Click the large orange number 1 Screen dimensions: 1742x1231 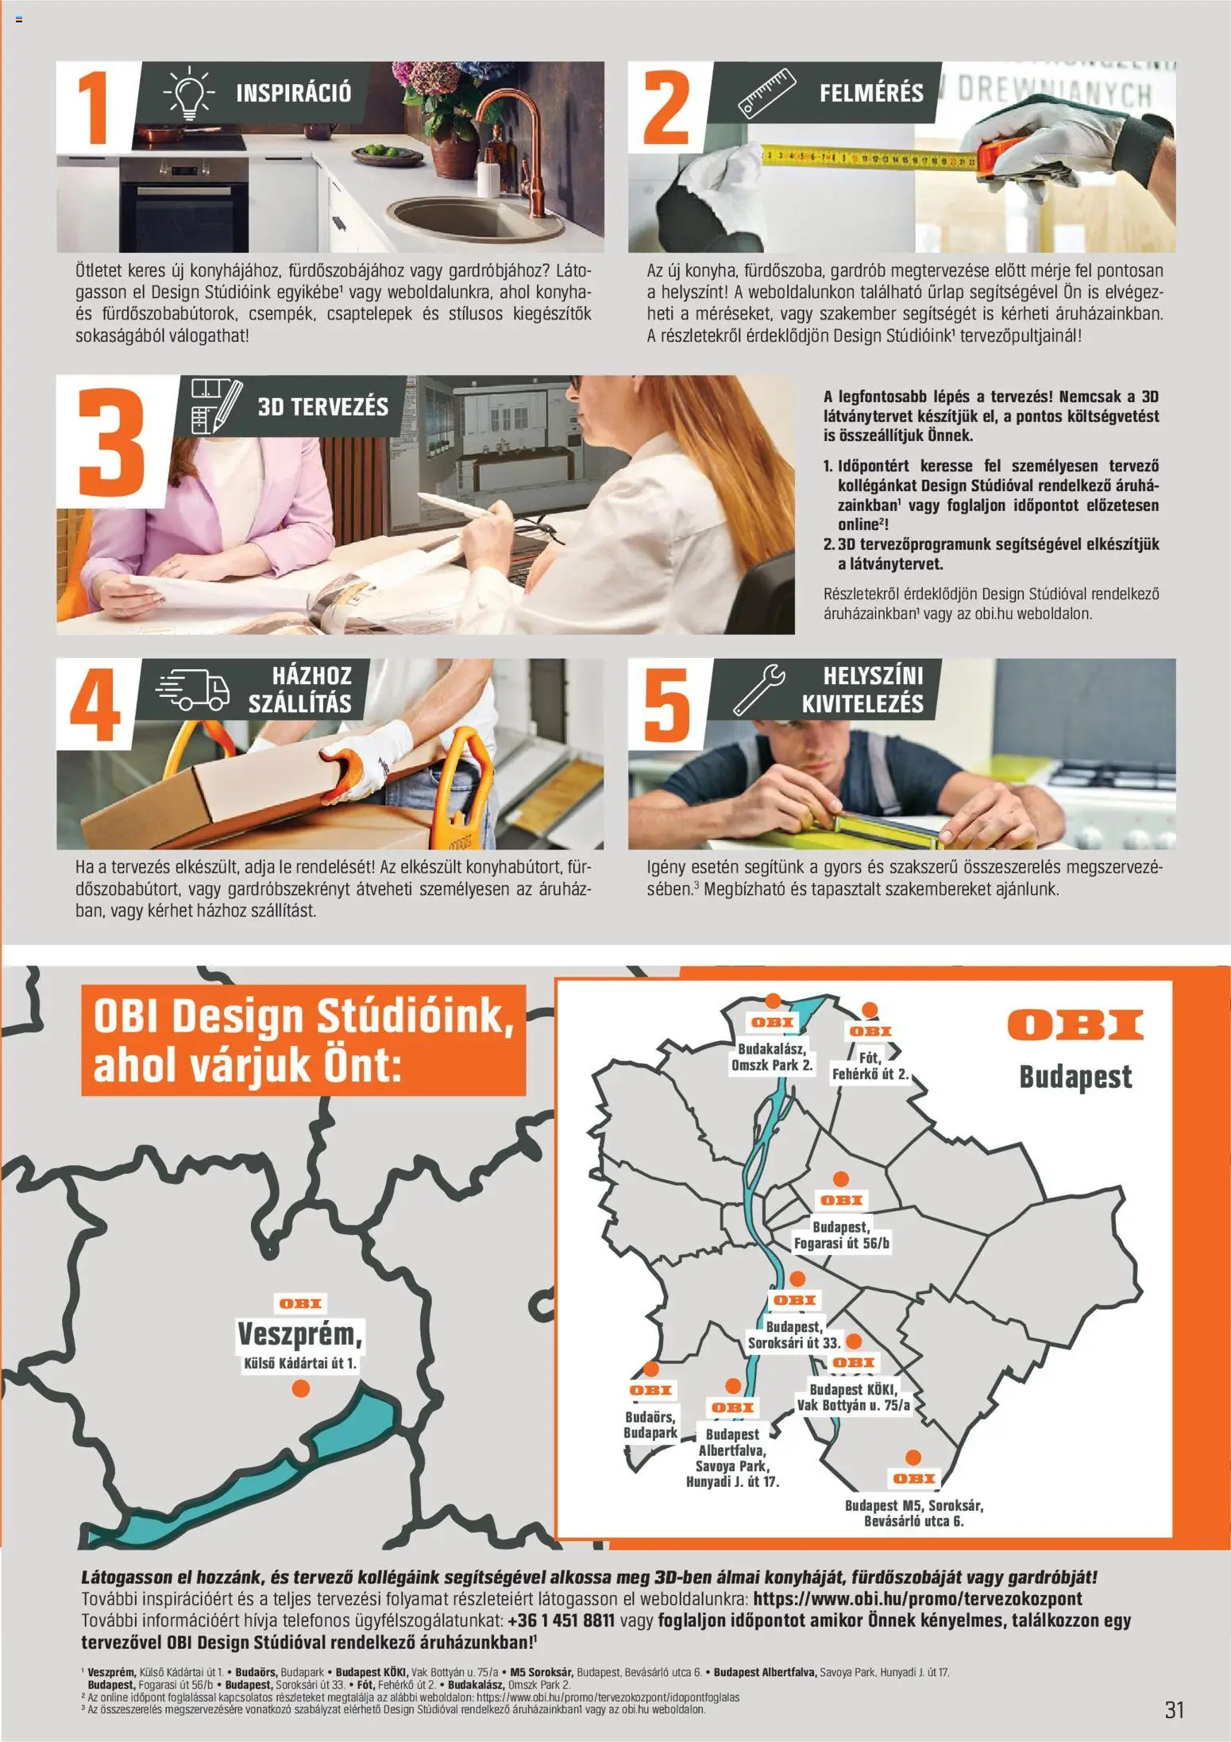tap(95, 109)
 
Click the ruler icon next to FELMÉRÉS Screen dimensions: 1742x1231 tap(766, 94)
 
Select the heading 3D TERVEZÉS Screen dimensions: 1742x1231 tap(322, 407)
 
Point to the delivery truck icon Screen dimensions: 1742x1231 tap(193, 688)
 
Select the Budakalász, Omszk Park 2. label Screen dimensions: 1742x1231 tap(771, 1057)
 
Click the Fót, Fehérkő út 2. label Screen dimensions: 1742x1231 tap(870, 1066)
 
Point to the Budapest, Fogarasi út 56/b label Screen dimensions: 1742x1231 tap(841, 1235)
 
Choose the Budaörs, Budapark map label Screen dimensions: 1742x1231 tap(650, 1424)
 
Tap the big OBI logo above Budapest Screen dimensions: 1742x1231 tap(1075, 1025)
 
